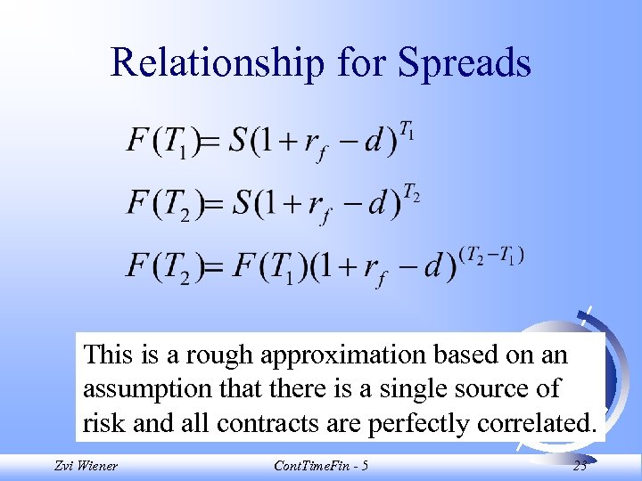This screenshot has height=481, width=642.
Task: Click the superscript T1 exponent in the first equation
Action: [406, 135]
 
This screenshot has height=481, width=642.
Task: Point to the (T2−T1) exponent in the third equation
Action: [490, 256]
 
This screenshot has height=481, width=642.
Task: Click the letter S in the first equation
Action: [239, 142]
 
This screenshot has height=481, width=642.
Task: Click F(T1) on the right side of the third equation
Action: [270, 267]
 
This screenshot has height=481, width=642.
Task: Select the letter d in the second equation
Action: [378, 203]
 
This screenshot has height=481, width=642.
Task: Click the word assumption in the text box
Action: [142, 389]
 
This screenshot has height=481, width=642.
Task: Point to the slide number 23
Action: [580, 465]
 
